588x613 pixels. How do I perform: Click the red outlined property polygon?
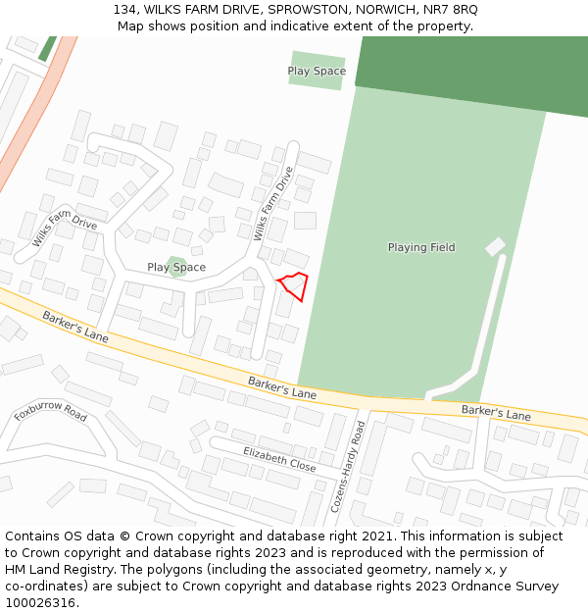294,286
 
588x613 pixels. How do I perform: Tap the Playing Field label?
421,248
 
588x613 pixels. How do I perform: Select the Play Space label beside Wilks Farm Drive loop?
176,268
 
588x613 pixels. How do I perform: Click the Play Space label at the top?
317,71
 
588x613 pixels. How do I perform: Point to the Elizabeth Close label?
279,459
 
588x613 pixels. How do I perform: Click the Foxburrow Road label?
51,410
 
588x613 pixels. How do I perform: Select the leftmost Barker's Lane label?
75,328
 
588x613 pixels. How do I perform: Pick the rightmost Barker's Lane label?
496,413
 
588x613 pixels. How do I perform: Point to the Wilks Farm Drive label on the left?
65,229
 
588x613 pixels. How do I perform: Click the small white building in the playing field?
496,247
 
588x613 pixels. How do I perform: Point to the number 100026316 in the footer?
40,602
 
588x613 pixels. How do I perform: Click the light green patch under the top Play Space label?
316,81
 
